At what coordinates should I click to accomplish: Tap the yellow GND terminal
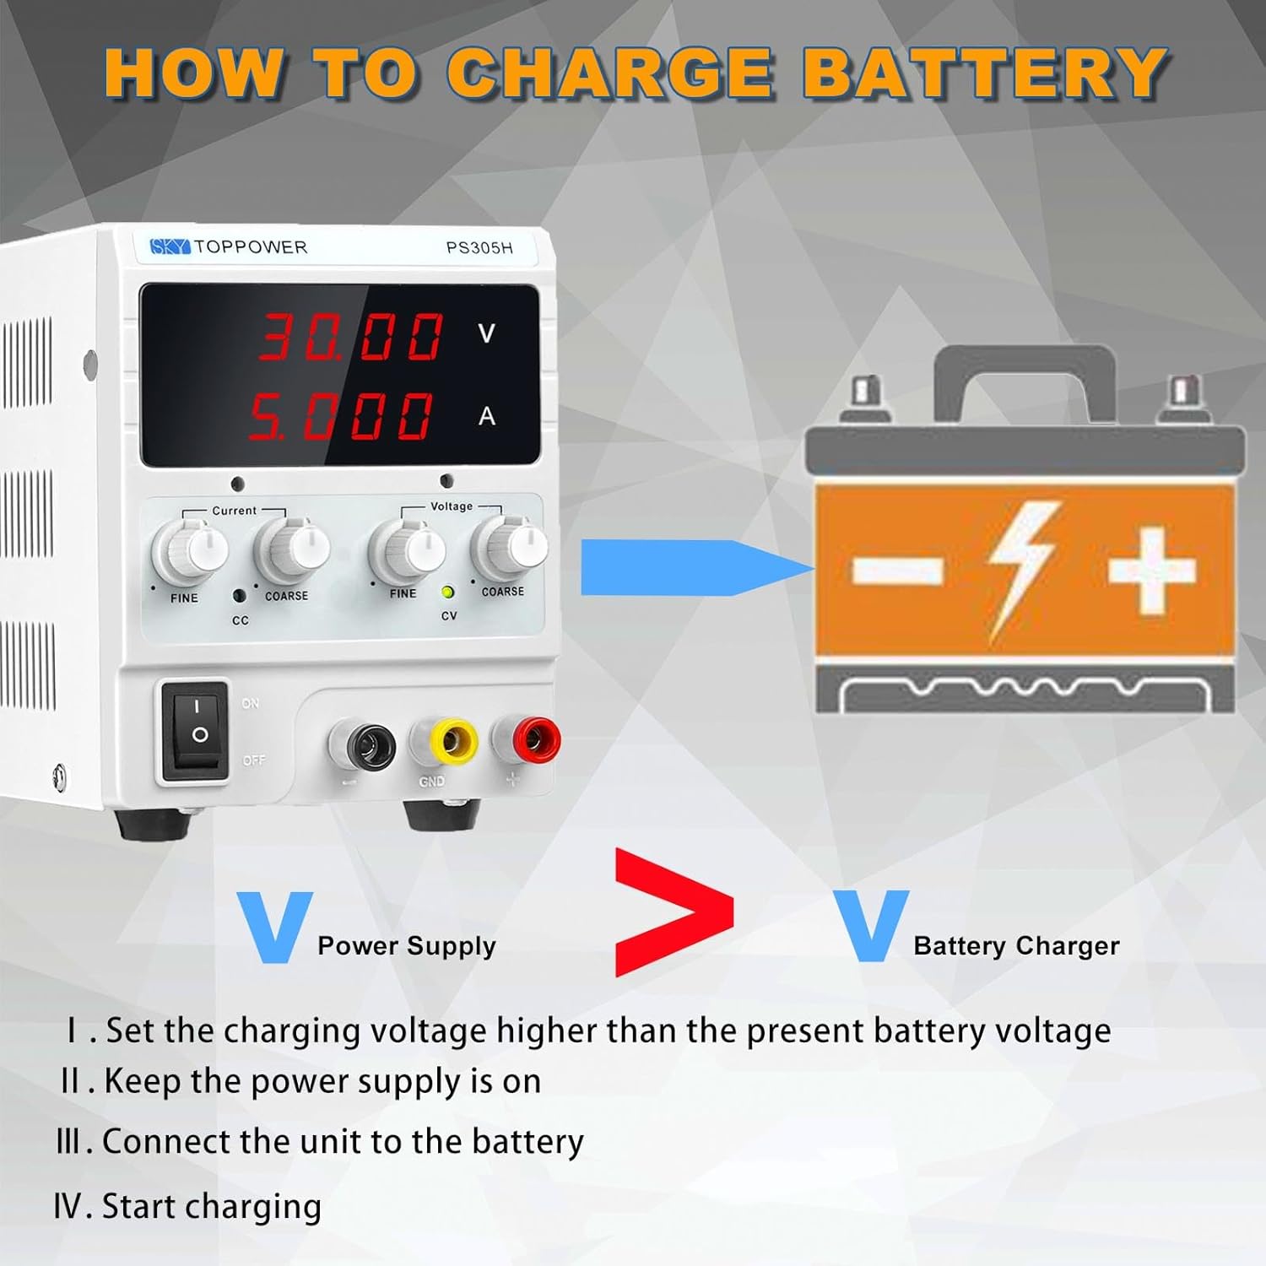tap(445, 742)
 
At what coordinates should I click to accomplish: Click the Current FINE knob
tap(189, 551)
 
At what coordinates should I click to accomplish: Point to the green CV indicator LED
tap(448, 592)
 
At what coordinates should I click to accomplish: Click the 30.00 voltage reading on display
tap(350, 336)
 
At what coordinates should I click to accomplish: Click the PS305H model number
tap(479, 248)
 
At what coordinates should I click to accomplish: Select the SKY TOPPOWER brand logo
tap(228, 246)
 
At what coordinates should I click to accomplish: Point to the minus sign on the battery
tap(897, 570)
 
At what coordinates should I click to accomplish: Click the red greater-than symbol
tap(673, 912)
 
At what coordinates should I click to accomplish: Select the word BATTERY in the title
tap(984, 73)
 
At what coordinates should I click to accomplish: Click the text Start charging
tap(211, 1206)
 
